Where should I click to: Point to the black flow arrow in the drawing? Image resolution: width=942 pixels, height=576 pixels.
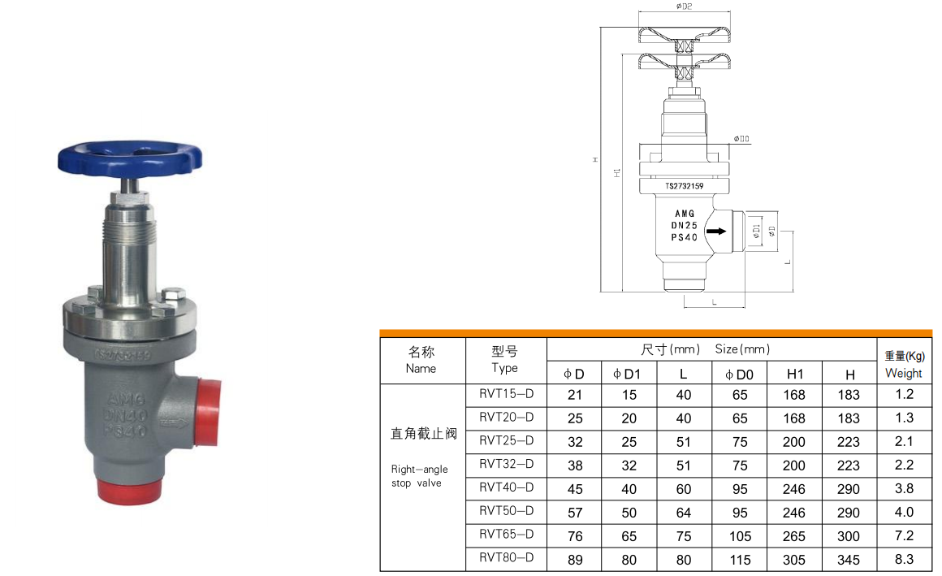point(715,232)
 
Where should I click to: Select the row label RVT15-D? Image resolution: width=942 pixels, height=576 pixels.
point(506,394)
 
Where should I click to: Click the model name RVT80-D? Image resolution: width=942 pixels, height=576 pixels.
point(506,558)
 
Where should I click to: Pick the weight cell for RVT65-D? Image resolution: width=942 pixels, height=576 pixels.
point(904,535)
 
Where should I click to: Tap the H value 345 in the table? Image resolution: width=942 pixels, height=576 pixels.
point(849,560)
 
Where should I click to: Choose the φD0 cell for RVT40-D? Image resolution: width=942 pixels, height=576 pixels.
point(739,489)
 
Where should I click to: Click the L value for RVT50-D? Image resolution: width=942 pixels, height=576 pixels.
point(683,513)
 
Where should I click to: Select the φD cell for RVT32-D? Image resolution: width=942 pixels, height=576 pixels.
point(574,466)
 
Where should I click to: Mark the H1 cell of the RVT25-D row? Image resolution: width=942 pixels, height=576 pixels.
point(794,442)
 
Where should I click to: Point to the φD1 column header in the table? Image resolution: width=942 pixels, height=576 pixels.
point(628,374)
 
